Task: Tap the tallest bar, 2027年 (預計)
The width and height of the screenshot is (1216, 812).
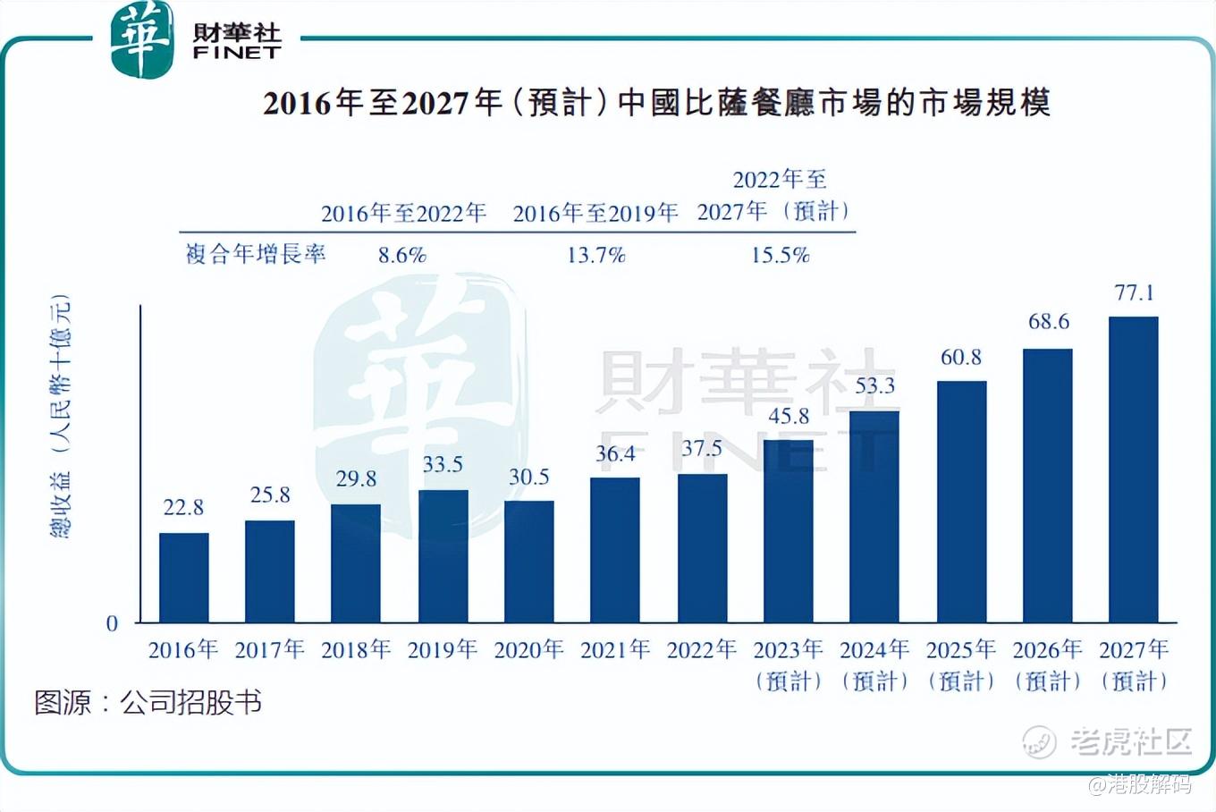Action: (1133, 469)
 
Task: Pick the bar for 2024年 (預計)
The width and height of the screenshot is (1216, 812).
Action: (874, 517)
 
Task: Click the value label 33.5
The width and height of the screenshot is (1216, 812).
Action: (443, 464)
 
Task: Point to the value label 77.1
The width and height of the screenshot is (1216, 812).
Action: (1134, 292)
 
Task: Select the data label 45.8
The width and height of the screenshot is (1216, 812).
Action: (789, 416)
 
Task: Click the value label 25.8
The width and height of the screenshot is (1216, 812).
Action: (270, 495)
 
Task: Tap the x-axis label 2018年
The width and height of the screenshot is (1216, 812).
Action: (356, 649)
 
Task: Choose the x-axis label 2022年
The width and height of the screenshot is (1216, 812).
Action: (702, 649)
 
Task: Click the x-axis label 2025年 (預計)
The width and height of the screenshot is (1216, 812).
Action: (961, 664)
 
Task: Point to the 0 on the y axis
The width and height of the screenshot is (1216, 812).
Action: (112, 623)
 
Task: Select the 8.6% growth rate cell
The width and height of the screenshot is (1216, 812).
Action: (401, 256)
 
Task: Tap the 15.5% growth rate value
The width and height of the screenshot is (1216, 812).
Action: (780, 256)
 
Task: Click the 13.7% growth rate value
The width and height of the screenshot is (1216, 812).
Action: (595, 256)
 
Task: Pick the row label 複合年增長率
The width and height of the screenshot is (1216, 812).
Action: (256, 254)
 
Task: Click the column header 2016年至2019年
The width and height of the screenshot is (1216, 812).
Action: (595, 213)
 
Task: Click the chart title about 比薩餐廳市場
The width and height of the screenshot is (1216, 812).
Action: (656, 103)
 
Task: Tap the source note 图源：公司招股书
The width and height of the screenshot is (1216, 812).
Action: (148, 702)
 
